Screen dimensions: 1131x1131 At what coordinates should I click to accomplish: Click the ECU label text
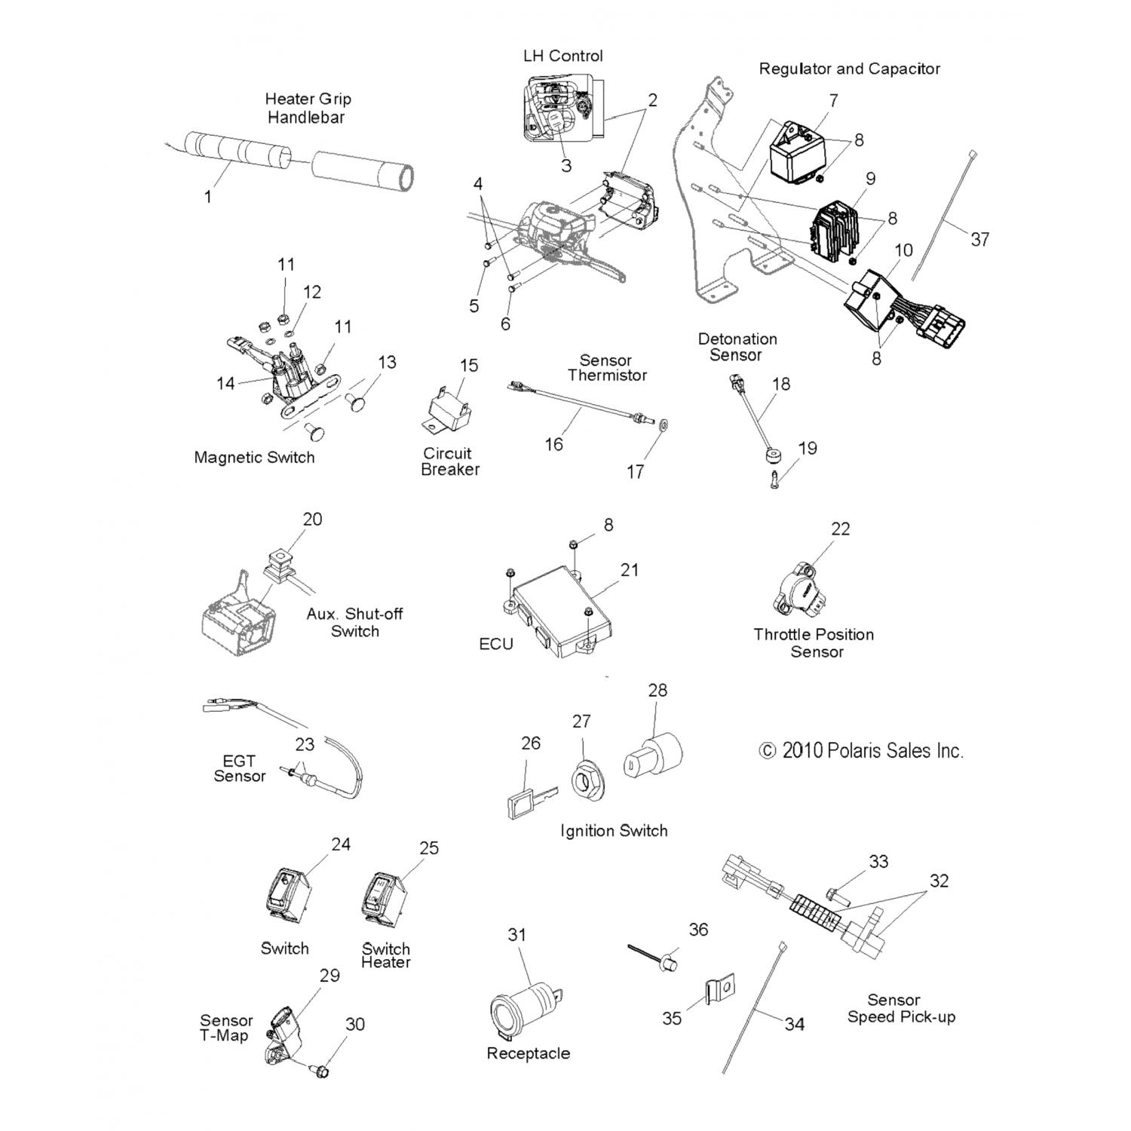[x=496, y=644]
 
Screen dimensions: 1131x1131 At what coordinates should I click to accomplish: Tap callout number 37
[x=979, y=240]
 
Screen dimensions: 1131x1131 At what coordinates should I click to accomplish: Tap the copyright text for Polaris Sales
[x=861, y=751]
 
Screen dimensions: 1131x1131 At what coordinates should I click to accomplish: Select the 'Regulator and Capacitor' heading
[x=849, y=69]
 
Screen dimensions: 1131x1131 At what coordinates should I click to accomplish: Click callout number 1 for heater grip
[x=208, y=197]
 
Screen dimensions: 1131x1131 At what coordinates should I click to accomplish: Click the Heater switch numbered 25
[x=384, y=899]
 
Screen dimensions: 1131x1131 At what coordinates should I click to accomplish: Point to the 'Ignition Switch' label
[x=614, y=831]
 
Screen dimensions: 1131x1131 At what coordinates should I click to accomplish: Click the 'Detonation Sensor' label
[x=737, y=347]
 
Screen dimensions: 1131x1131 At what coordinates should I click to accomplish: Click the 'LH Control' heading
[x=562, y=56]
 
